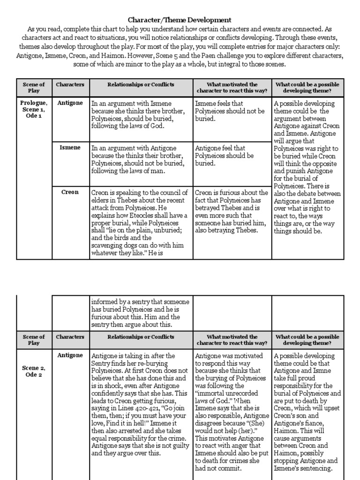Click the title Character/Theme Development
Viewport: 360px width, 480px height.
pyautogui.click(x=180, y=20)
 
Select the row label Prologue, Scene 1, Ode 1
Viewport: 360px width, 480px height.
pyautogui.click(x=34, y=109)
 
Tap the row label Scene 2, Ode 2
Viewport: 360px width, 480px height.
pyautogui.click(x=34, y=371)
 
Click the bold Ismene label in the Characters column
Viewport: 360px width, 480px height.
pyautogui.click(x=70, y=147)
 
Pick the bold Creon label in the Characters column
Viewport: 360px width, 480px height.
pyautogui.click(x=70, y=192)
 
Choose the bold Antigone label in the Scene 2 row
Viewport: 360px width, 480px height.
pyautogui.click(x=70, y=355)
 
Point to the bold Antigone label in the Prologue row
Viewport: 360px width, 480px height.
pyautogui.click(x=70, y=103)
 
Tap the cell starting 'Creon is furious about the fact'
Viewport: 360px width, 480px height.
pyautogui.click(x=232, y=211)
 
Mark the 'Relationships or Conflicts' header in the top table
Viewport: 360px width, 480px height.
pyautogui.click(x=141, y=85)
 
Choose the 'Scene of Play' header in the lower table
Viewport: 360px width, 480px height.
pyautogui.click(x=34, y=340)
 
